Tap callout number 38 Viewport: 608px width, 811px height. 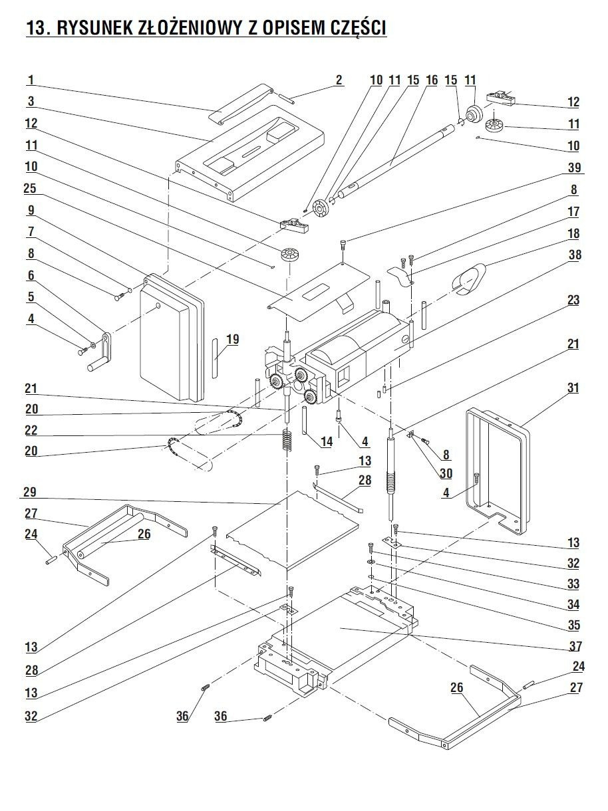573,256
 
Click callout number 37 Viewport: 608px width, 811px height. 575,645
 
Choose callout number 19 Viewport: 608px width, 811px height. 231,340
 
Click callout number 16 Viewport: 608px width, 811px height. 431,80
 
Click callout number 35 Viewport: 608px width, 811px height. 574,625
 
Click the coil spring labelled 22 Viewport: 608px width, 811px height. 287,439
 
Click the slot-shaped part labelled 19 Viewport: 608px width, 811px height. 214,358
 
